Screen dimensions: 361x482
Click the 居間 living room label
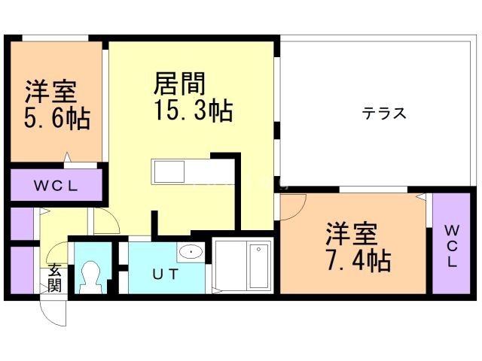point(180,82)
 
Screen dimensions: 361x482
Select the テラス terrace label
point(384,114)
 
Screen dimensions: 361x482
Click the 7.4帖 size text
point(358,261)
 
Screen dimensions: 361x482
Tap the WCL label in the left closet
point(56,186)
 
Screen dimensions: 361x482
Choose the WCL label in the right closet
point(451,244)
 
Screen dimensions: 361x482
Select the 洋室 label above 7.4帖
point(352,234)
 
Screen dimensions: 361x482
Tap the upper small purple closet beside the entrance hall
point(22,223)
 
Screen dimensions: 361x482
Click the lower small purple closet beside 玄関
point(22,269)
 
